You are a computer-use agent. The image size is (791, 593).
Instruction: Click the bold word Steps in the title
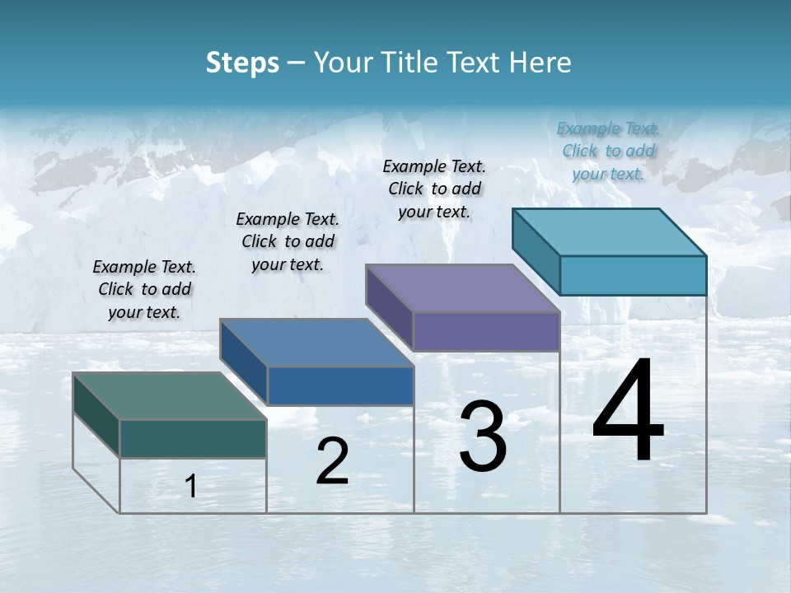[x=242, y=63]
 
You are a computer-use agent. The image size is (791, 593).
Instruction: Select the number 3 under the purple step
[x=482, y=437]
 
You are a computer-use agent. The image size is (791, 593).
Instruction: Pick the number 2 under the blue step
[x=332, y=462]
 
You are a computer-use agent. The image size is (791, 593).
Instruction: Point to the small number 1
[x=191, y=487]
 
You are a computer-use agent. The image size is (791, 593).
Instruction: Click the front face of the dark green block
[x=193, y=438]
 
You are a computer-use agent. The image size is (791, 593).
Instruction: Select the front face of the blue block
[x=340, y=385]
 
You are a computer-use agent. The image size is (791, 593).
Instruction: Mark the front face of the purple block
[x=486, y=331]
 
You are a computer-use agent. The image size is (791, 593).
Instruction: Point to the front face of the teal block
[x=633, y=275]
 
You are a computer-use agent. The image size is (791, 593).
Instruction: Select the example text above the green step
[x=144, y=289]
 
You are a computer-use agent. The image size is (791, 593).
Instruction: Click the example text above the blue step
[x=288, y=241]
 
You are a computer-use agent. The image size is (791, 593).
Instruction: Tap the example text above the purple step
[x=434, y=189]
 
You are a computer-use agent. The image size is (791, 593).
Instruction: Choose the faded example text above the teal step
[x=608, y=151]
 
